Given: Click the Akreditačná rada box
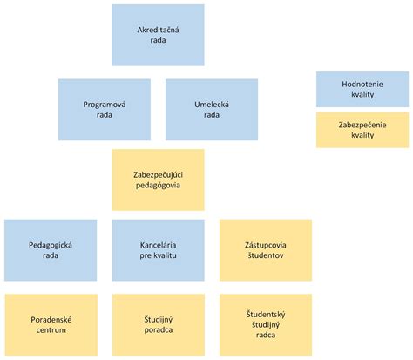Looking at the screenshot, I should (158, 36).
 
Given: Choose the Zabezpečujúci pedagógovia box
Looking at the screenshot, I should (158, 180).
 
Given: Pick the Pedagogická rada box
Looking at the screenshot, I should (50, 250).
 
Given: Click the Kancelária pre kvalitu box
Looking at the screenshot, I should (158, 250).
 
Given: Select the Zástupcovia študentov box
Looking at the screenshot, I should (266, 250).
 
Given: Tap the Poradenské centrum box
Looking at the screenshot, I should (50, 325).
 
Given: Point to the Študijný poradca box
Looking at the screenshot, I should (158, 325).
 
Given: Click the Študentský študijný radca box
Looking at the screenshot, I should (266, 325).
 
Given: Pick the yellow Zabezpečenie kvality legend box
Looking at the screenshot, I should (362, 130).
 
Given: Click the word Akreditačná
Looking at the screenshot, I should (158, 31).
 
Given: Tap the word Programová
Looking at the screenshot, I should (105, 105).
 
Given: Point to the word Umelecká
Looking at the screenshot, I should (212, 105).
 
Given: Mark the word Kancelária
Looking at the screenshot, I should (158, 245).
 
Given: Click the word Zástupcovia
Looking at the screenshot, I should (266, 245).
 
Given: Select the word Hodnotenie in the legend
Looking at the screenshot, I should (362, 85).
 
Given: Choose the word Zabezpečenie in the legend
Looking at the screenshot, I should (362, 125).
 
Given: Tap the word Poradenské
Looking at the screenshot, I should (50, 320).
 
